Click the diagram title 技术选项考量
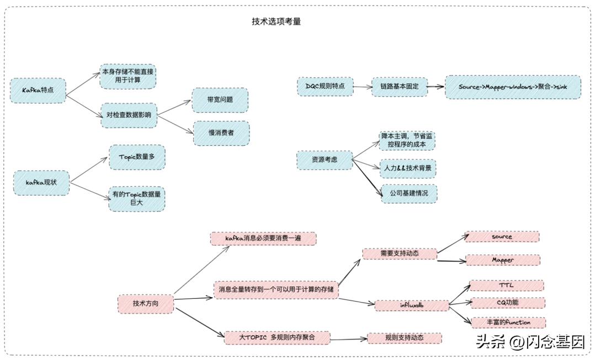(x=276, y=22)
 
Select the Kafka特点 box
(x=38, y=90)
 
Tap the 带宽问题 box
(x=220, y=100)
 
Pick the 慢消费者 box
(x=221, y=133)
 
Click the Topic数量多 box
(x=137, y=157)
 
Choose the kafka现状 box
(x=42, y=182)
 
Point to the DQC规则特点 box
(x=325, y=86)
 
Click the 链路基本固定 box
(x=399, y=87)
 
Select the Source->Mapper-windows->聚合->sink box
(x=513, y=87)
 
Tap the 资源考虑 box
(x=324, y=159)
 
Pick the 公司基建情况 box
(x=408, y=194)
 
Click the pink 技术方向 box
(x=146, y=303)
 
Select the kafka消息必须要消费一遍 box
(x=263, y=239)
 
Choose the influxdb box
(x=412, y=305)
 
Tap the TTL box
(x=506, y=285)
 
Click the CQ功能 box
(x=507, y=303)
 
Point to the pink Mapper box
(x=503, y=260)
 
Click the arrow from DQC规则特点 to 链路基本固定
(x=361, y=87)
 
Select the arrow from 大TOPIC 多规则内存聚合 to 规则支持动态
(x=349, y=338)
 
